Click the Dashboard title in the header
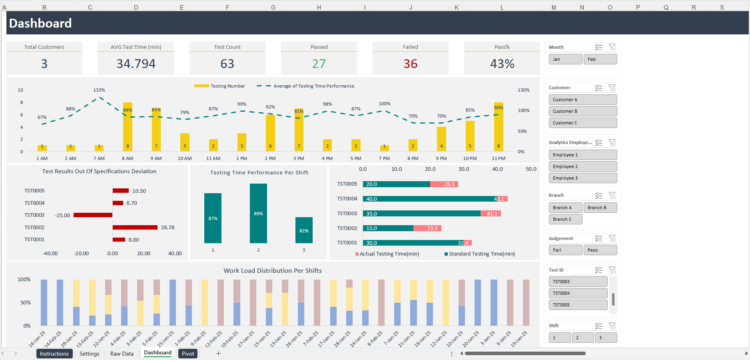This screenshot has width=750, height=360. pyautogui.click(x=40, y=24)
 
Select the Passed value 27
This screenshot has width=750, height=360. pyautogui.click(x=318, y=64)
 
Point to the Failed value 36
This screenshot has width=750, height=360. pyautogui.click(x=410, y=64)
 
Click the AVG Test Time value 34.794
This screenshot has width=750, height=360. pyautogui.click(x=135, y=64)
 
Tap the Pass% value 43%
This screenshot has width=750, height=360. pyautogui.click(x=502, y=64)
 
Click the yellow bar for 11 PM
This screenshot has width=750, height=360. pyautogui.click(x=498, y=126)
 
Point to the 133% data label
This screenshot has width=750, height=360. pyautogui.click(x=99, y=90)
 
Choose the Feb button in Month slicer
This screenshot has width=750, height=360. pyautogui.click(x=591, y=59)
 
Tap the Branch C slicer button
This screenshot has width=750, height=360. pyautogui.click(x=563, y=219)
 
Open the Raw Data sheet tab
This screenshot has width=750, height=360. pyautogui.click(x=121, y=354)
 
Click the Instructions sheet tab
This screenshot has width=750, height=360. pyautogui.click(x=54, y=354)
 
